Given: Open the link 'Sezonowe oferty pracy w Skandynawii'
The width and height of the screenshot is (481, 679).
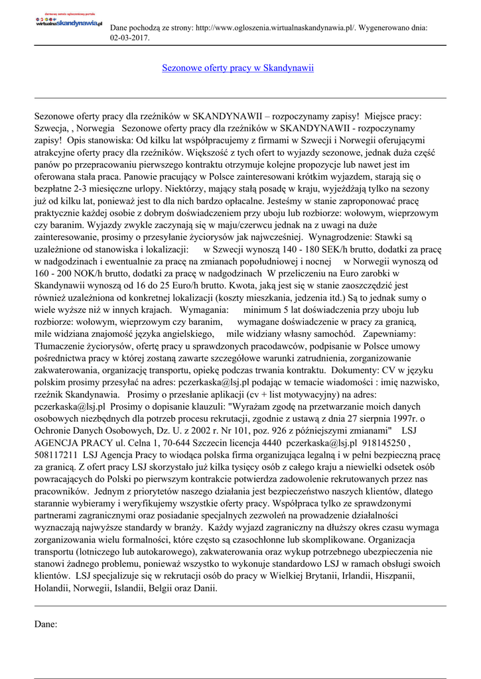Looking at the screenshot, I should point(238,68).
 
